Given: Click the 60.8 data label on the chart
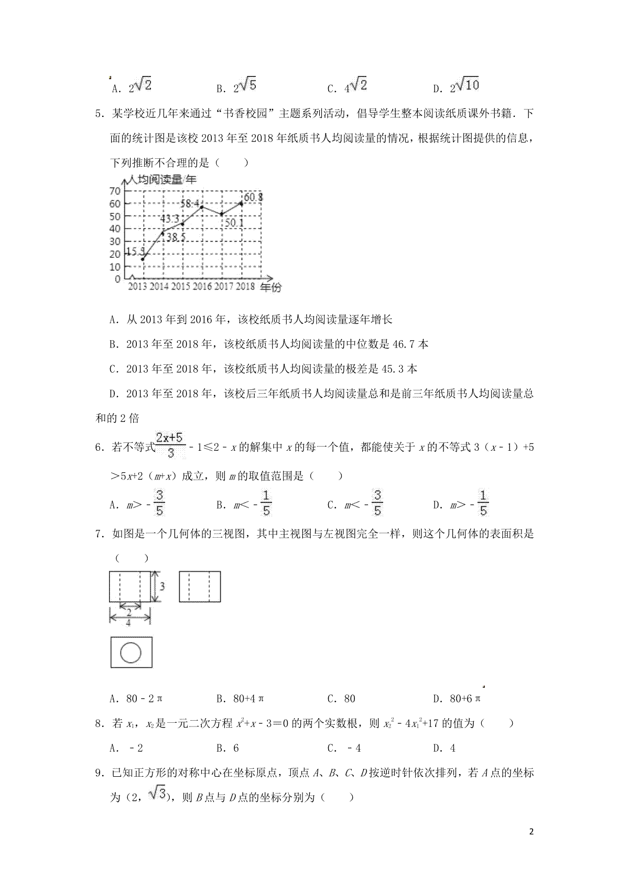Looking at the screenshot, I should coord(253,198).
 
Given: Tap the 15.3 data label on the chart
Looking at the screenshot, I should coord(135,252).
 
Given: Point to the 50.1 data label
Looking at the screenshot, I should coord(234,223).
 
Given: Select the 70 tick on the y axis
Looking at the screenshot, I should coord(115,191).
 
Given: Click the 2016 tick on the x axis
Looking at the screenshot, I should coord(202,287).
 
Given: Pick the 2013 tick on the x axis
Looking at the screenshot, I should coord(137,287).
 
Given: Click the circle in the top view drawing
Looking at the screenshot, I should coord(131,653).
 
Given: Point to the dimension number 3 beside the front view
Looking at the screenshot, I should coord(162,587).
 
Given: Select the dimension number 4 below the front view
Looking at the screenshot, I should coord(128,623).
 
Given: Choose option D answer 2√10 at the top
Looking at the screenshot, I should coord(464,86).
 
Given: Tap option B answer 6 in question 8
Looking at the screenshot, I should coord(236,748).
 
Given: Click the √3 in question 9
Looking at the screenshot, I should coord(157,796).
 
